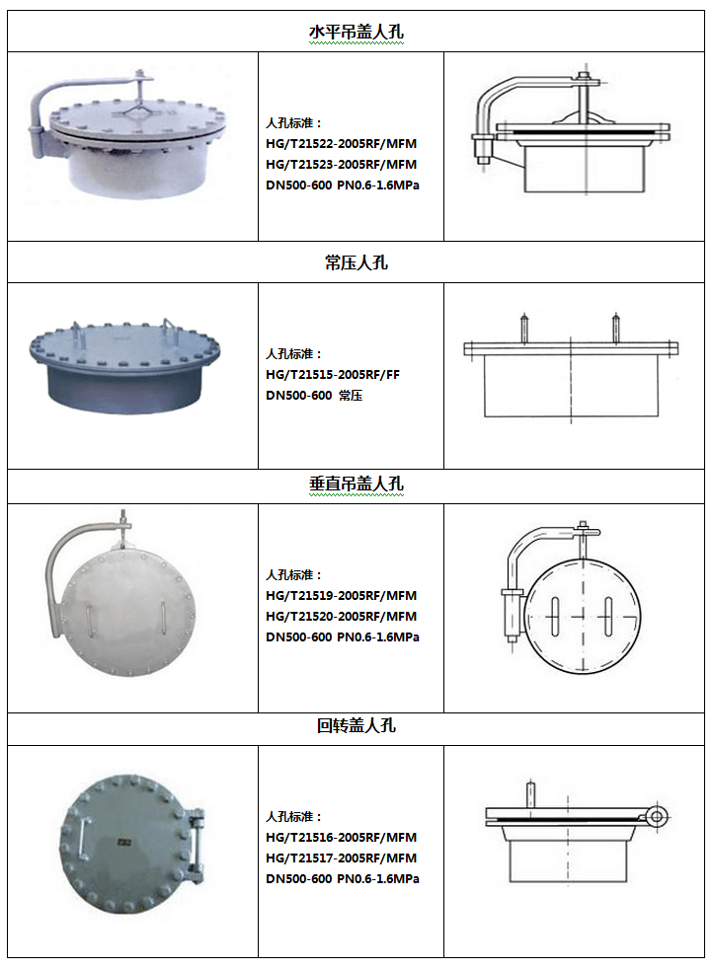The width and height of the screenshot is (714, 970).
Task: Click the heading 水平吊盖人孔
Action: pos(357,32)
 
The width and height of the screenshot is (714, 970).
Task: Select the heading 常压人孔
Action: pos(357,262)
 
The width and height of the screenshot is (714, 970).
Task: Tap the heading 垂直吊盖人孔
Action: pos(357,484)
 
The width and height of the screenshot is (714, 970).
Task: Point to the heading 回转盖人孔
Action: pos(357,725)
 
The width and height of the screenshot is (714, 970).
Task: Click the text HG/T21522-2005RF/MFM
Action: pos(342,143)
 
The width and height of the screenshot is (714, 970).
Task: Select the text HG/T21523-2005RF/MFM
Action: pos(342,165)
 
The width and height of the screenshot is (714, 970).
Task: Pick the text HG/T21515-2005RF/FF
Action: pos(333,374)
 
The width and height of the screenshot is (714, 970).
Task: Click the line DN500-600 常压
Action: pos(314,396)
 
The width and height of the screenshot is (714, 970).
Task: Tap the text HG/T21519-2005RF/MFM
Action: pos(342,596)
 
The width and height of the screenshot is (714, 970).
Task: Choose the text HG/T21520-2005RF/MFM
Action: pos(342,616)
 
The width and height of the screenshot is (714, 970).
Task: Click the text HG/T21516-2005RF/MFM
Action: pos(342,838)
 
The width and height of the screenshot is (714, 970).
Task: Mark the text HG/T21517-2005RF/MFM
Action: pos(342,858)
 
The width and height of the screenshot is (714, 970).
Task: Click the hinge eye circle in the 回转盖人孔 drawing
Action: pos(657,817)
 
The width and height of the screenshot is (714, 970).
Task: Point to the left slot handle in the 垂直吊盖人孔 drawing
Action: pos(555,617)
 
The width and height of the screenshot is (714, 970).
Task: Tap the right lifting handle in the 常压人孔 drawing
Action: pos(615,329)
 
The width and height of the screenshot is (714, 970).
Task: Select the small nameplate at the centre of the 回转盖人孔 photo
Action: pos(124,843)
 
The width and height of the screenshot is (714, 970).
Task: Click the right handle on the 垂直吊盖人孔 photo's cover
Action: pos(164,618)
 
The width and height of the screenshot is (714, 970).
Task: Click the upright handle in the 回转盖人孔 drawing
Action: pos(530,795)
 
